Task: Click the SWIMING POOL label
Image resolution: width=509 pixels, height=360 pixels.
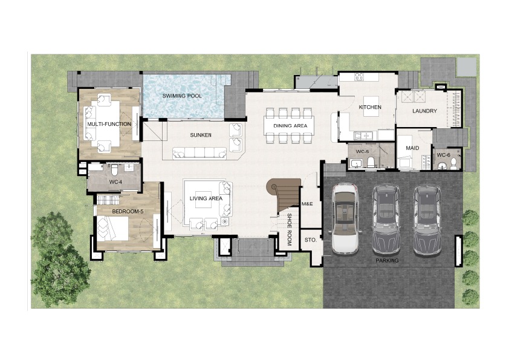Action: (182, 96)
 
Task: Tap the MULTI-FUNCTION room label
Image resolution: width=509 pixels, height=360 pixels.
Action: (109, 124)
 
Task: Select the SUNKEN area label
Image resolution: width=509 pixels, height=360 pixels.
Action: (201, 135)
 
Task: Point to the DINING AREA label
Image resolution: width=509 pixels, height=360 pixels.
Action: (290, 126)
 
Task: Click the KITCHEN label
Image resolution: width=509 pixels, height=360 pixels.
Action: (370, 107)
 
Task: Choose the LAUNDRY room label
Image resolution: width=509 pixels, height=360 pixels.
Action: (424, 111)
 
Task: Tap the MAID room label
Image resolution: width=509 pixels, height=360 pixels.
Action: (412, 148)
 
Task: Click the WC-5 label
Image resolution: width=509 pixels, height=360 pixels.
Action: (362, 152)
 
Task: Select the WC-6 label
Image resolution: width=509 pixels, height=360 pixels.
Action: (444, 155)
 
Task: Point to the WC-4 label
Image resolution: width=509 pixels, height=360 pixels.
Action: (115, 182)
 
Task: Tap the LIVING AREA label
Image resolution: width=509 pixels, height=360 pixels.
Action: (206, 198)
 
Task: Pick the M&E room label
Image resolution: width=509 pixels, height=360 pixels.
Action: (307, 204)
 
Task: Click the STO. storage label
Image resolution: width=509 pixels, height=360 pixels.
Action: (310, 240)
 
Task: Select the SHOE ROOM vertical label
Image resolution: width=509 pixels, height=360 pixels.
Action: (289, 229)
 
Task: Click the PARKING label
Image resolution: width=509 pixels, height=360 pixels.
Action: (387, 261)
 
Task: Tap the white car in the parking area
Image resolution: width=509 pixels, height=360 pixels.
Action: (345, 218)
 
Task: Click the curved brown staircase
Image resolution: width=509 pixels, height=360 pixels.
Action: (284, 195)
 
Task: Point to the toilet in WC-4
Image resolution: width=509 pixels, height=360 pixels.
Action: (114, 169)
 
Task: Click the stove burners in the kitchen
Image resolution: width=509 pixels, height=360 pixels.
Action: (358, 77)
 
